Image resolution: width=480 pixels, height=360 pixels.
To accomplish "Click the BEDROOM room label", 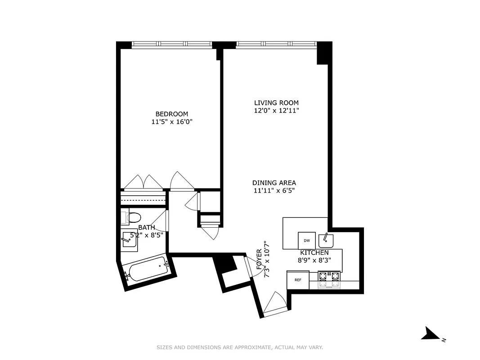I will coord(172,114).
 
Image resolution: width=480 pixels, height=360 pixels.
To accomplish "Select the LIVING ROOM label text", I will coord(276,103).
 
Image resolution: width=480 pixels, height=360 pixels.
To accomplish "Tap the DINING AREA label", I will coord(274,183).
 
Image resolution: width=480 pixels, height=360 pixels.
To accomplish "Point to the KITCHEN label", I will coord(314,252).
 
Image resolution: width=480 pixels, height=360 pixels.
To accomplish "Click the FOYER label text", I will coord(259,259).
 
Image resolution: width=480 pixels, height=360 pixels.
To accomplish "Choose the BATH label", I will coord(147,228).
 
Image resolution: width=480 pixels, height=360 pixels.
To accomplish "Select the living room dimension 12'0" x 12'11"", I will coord(276,110).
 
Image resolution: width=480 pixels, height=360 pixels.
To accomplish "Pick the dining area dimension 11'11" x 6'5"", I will coord(274,190).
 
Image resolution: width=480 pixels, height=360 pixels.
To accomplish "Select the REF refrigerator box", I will coord(298,280).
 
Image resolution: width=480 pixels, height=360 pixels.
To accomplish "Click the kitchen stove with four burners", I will coord(329,279).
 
